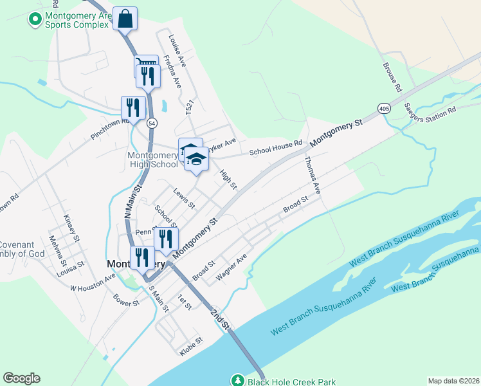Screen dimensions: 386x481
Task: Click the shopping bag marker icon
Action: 125,19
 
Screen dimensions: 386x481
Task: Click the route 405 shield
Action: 384,108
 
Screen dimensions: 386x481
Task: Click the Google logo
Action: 21,378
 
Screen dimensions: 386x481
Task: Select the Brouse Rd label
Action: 392,76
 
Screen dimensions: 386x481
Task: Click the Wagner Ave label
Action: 231,267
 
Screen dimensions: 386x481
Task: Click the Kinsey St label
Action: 71,228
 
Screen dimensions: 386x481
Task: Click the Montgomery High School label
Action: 152,160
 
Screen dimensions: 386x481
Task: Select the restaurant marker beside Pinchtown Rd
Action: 132,107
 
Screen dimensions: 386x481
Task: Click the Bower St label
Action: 126,300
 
